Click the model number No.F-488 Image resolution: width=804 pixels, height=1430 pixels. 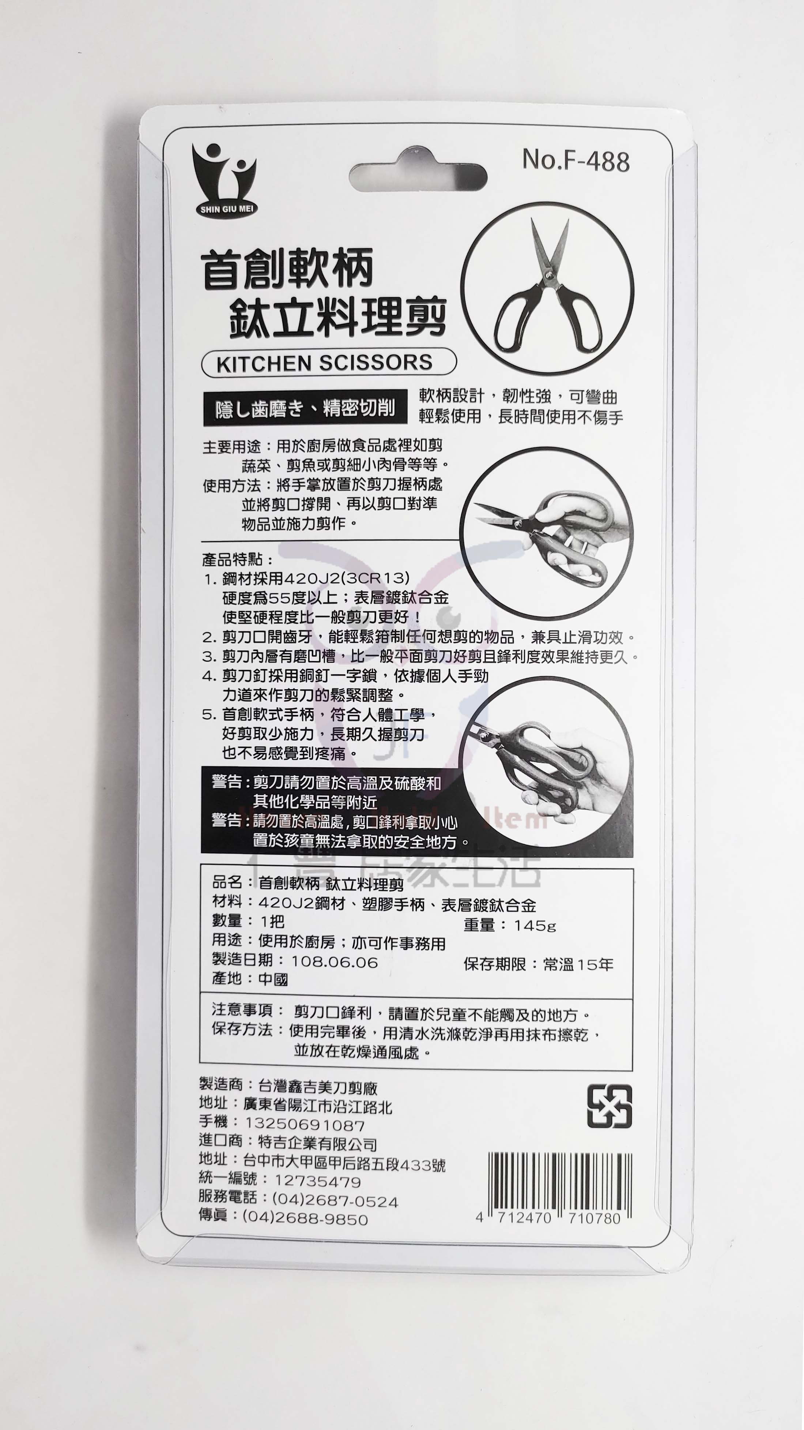coord(576,161)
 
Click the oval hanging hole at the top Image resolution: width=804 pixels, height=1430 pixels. coord(418,178)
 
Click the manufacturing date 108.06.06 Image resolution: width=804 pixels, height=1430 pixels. coord(335,962)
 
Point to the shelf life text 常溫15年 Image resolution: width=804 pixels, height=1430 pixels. coord(578,964)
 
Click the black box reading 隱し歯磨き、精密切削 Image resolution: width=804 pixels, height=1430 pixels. coord(305,409)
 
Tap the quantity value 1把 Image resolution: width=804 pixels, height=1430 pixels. coord(272,922)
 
